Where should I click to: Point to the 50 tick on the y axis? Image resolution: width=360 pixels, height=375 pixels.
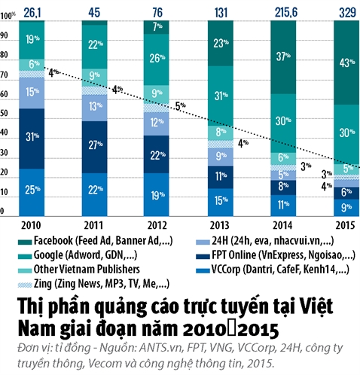click(5, 114)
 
